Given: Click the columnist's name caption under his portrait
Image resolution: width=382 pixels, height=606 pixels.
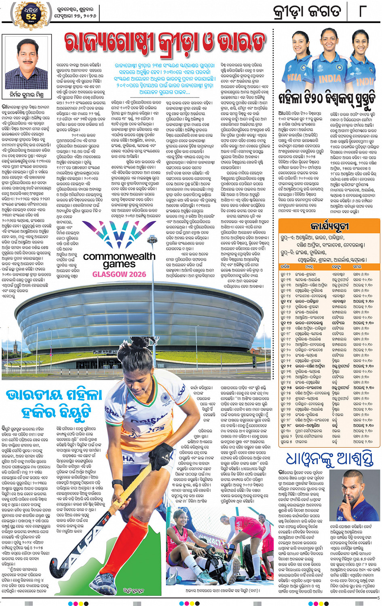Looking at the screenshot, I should coord(27,95).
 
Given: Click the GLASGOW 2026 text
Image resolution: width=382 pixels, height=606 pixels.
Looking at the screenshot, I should coord(119,274).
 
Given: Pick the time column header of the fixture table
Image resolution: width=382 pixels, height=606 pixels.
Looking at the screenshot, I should coord(357,267).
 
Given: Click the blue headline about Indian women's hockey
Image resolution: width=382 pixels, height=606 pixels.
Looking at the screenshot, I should coord(55,403).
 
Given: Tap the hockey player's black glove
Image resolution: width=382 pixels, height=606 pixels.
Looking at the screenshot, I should coord(161,457).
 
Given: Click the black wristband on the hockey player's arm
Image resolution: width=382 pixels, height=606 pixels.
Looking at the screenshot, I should coord(117,485).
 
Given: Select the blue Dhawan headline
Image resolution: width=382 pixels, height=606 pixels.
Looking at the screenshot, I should coord(329,459).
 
